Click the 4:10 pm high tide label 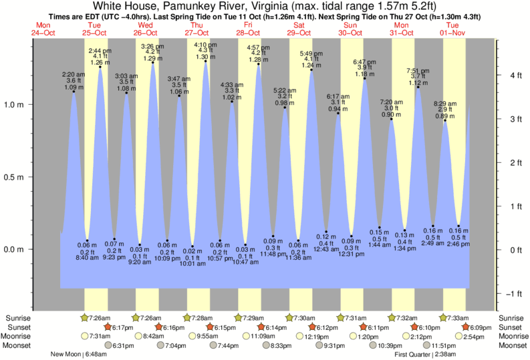[x=205, y=45]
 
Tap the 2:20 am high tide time [x=74, y=74]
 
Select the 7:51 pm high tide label [x=418, y=71]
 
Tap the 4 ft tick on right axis [x=513, y=75]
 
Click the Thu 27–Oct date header [x=196, y=28]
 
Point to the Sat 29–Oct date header [x=299, y=28]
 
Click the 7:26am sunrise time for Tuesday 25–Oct [x=100, y=318]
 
